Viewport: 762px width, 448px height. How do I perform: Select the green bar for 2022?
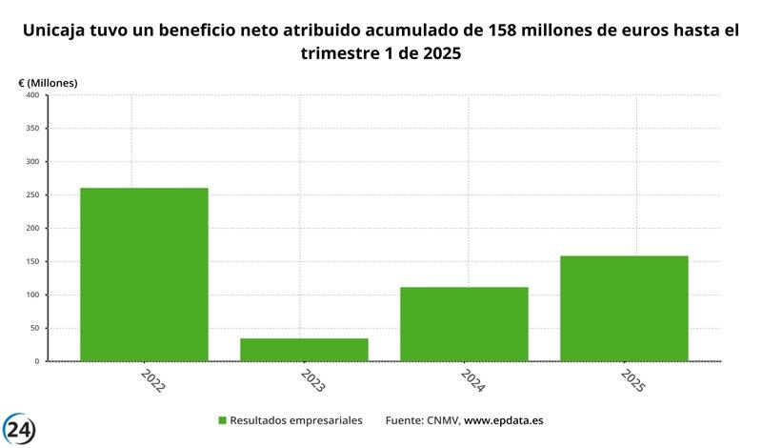pos(144,275)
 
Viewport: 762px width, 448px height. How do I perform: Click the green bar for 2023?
pos(304,350)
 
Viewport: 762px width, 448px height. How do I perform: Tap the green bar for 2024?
pos(464,324)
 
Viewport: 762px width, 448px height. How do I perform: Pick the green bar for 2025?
pos(624,308)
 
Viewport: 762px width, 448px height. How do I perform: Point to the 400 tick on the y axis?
pos(31,95)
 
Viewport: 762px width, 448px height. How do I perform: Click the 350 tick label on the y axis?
pos(31,129)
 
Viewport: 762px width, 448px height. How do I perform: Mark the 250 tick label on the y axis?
pos(31,195)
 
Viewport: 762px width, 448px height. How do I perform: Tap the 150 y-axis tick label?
pos(31,262)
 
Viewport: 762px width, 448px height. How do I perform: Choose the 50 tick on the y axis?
pos(33,328)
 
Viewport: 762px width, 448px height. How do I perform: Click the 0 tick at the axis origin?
pos(36,361)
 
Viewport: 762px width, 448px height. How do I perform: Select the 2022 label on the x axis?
pos(151,382)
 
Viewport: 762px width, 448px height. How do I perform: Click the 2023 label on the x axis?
pos(311,382)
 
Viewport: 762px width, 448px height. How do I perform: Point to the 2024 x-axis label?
pos(471,382)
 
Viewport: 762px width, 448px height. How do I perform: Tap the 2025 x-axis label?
pos(632,382)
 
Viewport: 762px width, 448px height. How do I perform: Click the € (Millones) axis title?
pos(48,83)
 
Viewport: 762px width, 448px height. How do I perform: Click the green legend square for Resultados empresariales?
pos(223,420)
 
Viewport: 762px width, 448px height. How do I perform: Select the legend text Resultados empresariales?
pos(297,420)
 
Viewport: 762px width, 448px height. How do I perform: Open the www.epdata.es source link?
pos(504,420)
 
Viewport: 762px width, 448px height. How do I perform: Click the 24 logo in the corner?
pos(19,429)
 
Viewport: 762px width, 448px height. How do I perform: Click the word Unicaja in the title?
pos(59,31)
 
